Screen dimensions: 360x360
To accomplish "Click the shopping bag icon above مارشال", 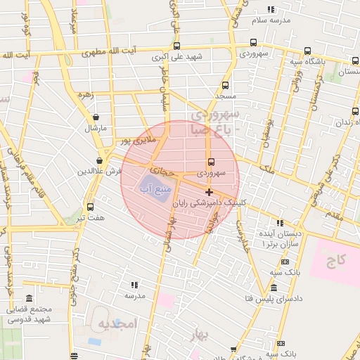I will pos(96,117).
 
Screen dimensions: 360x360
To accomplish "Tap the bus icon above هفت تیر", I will pos(90,207).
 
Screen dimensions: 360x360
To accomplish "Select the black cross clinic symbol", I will pos(209,192).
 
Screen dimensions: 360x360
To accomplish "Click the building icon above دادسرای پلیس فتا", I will pos(273,288).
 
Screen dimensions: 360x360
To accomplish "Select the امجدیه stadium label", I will pos(117,325).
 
